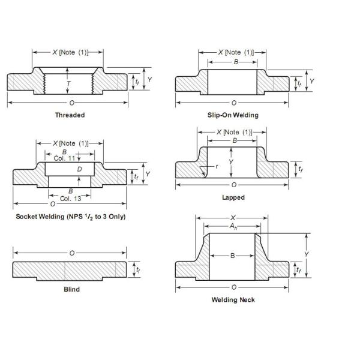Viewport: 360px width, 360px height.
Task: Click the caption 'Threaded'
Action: pos(70,115)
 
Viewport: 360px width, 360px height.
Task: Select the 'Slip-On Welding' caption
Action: pos(233,115)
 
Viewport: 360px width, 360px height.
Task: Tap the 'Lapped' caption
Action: pos(233,197)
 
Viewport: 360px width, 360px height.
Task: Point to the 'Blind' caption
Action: pos(71,289)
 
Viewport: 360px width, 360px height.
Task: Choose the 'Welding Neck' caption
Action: pos(233,299)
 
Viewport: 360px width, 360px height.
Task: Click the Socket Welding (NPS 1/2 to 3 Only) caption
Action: pos(70,216)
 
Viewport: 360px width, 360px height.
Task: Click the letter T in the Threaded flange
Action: pos(68,84)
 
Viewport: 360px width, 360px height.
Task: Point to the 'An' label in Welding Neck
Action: pos(233,227)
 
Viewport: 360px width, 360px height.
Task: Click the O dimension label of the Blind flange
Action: pos(71,253)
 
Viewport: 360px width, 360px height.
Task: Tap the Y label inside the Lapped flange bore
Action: pos(232,161)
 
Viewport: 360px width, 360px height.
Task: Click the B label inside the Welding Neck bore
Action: pos(233,256)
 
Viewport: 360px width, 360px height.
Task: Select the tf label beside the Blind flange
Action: pos(138,270)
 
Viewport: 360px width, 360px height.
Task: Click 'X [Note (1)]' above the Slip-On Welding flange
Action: pos(235,52)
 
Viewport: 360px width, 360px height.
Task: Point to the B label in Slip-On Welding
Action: pos(236,61)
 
